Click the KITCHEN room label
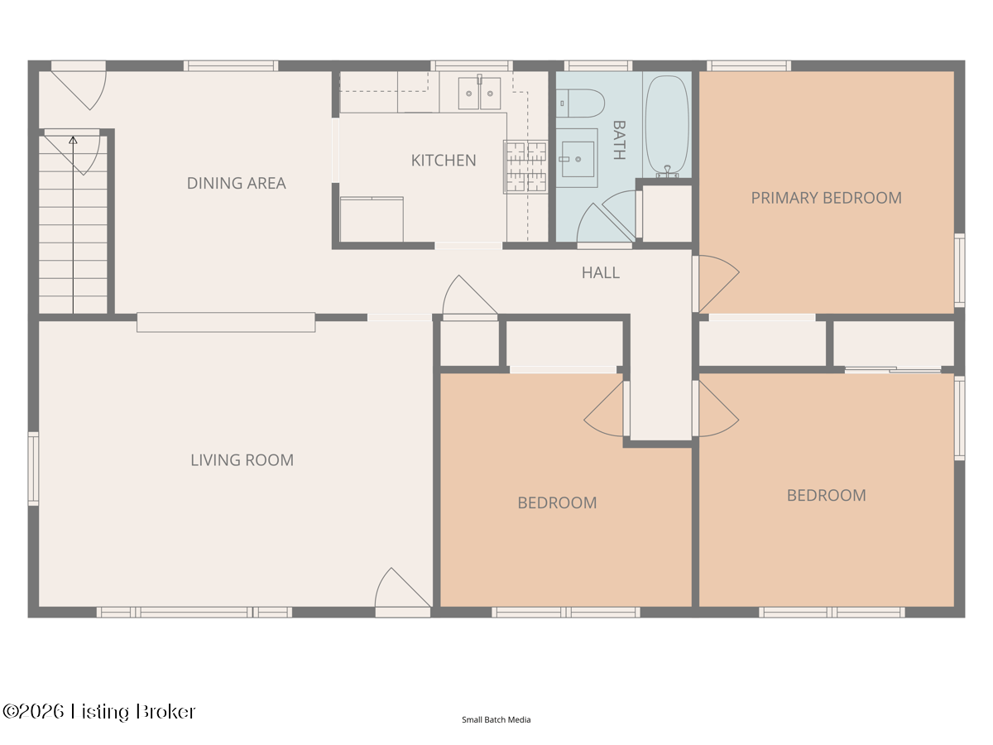(444, 161)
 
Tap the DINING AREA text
(236, 183)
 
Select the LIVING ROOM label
(242, 460)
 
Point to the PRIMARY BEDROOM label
(826, 198)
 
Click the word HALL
(600, 272)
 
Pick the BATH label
(619, 140)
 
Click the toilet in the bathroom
(580, 103)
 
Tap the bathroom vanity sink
(578, 159)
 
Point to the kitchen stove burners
(525, 167)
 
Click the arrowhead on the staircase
(73, 140)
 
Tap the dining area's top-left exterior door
(79, 86)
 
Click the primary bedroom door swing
(717, 284)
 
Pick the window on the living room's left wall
(33, 469)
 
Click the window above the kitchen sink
(472, 66)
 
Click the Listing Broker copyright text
(99, 712)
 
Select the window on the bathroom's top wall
(598, 66)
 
